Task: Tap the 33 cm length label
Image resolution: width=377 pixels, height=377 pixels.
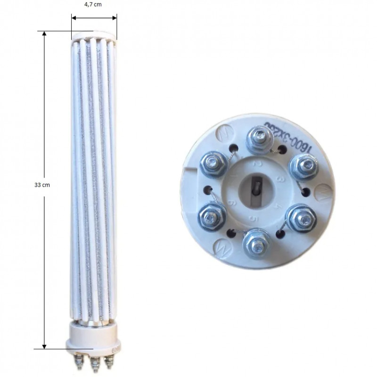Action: pyautogui.click(x=42, y=185)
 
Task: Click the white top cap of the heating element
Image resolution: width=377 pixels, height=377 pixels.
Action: pyautogui.click(x=94, y=35)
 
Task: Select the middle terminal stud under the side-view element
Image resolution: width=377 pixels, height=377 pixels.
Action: pyautogui.click(x=95, y=363)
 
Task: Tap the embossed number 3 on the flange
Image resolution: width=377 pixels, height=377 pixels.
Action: pyautogui.click(x=279, y=179)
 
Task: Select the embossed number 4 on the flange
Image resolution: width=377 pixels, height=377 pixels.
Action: pyautogui.click(x=277, y=205)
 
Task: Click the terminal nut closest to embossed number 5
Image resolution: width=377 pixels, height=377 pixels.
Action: pyautogui.click(x=256, y=243)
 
